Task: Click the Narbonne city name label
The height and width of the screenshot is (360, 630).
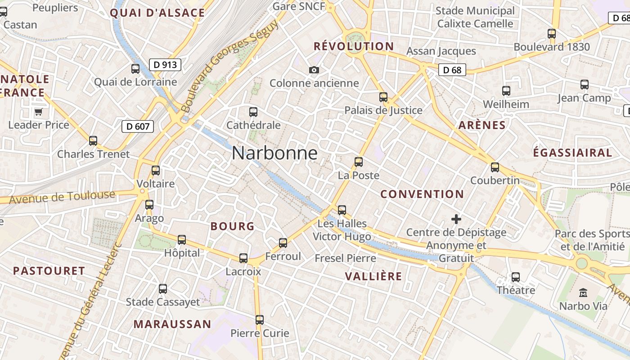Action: point(274,153)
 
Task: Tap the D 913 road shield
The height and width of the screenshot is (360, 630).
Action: point(165,65)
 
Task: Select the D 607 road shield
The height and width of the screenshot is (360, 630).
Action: point(138,126)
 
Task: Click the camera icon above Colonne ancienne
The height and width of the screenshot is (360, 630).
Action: point(314,70)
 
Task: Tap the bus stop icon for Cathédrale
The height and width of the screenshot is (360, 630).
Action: point(253,112)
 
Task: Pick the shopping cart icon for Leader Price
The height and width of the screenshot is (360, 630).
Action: point(39,112)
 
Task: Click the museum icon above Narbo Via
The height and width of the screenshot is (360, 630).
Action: point(583,293)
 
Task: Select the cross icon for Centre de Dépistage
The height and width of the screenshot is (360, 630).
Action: point(456,219)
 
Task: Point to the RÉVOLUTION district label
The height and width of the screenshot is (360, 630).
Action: point(354,46)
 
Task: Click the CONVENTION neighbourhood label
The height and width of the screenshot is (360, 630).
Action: point(422,194)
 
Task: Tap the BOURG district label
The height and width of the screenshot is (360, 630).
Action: point(233,226)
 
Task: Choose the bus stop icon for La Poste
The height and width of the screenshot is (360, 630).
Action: point(359,162)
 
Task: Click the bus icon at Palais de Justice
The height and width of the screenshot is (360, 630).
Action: point(383,97)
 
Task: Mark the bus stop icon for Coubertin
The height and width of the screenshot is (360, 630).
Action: point(495,167)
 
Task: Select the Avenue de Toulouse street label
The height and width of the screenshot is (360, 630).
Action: point(62,197)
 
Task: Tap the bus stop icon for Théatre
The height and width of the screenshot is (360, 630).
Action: point(516,277)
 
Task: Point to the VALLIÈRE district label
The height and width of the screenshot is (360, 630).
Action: point(373,276)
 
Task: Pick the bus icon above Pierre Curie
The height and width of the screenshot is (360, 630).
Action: point(260,320)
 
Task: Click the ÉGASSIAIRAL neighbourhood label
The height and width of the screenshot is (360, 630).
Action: point(572,153)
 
